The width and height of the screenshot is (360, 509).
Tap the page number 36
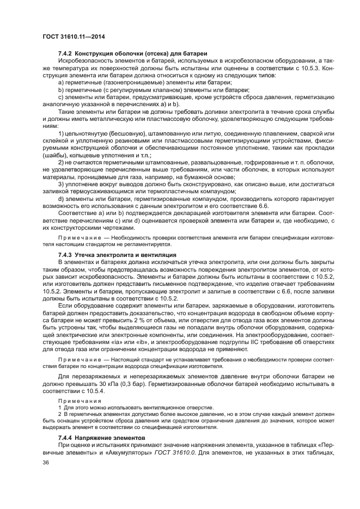[x=46, y=462]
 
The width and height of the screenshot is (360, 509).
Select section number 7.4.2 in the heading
[x=65, y=53]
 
